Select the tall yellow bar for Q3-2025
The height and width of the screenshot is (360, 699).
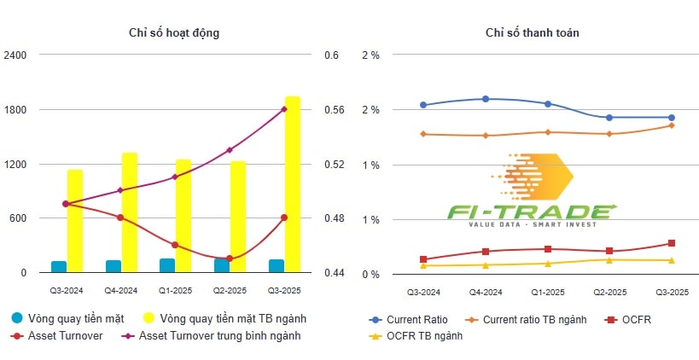(x=293, y=184)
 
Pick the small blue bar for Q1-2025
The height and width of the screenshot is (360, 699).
(x=167, y=265)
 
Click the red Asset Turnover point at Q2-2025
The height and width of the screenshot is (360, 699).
(x=229, y=258)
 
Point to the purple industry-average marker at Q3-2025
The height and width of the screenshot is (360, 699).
(x=283, y=109)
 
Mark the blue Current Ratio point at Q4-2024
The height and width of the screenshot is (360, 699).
(x=486, y=99)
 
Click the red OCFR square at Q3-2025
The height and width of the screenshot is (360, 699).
(x=671, y=244)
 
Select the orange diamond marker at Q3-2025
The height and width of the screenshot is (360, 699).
(x=671, y=125)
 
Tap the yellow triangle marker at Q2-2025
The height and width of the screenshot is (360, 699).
(x=609, y=259)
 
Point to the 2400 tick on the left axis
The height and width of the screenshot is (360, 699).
(x=16, y=55)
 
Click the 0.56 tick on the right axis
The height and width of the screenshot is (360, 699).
(x=333, y=110)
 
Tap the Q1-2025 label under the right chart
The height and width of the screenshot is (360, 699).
(x=547, y=292)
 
